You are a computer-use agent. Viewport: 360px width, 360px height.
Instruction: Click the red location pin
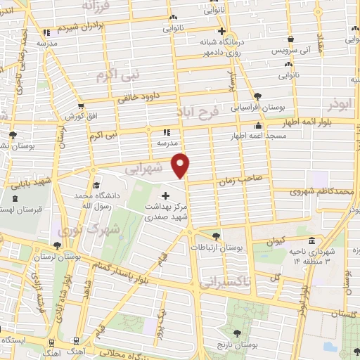tap(181, 165)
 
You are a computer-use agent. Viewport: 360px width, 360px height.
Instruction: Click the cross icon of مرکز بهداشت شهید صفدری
tap(166, 195)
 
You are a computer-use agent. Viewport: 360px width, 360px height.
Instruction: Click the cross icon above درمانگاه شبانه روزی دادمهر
tap(221, 31)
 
